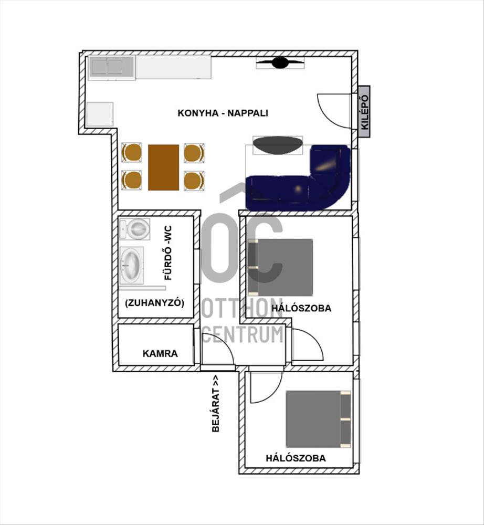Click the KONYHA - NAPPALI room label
point(223,113)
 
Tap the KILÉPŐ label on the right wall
point(364,112)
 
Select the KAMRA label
point(160,353)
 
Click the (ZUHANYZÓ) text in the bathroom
point(154,303)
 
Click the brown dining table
point(164,167)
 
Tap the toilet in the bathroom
point(134,229)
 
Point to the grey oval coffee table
point(278,145)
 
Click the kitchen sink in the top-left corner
point(112,68)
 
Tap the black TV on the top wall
point(280,62)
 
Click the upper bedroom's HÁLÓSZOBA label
point(301,308)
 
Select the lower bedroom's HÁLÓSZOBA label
point(296,458)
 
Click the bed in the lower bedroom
point(318,419)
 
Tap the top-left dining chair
point(132,153)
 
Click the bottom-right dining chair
point(194,181)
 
